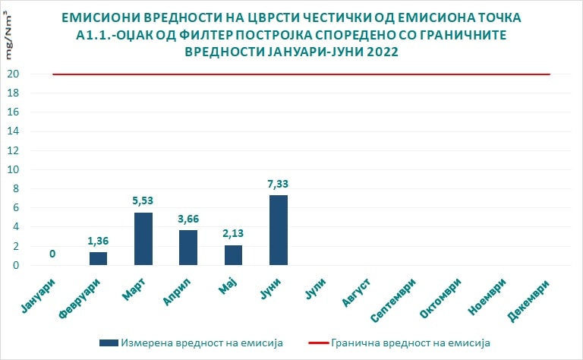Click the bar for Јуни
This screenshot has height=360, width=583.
(x=279, y=230)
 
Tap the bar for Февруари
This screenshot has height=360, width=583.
(x=98, y=258)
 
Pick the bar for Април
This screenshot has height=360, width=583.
(x=188, y=248)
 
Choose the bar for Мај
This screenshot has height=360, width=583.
(x=234, y=255)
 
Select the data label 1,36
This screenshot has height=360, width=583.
(x=98, y=242)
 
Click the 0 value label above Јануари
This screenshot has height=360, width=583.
(x=52, y=254)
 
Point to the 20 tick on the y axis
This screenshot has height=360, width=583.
(x=14, y=74)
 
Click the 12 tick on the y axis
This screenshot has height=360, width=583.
(x=14, y=150)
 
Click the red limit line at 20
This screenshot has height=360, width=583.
(x=304, y=74)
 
